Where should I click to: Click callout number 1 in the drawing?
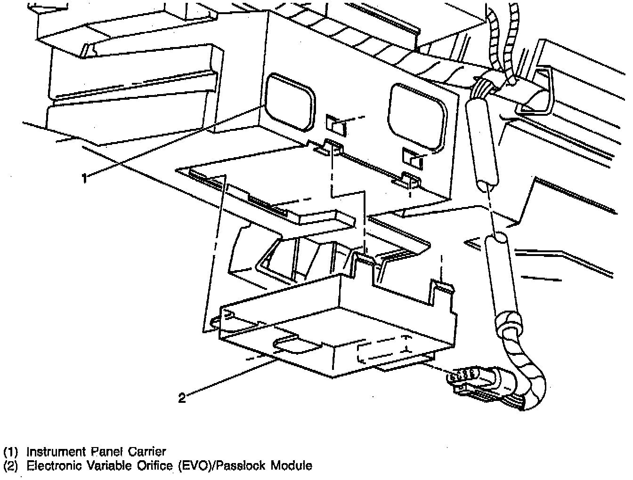(x=84, y=178)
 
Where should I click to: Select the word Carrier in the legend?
(x=146, y=452)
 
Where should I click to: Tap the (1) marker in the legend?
(x=10, y=452)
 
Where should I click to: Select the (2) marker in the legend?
(x=10, y=466)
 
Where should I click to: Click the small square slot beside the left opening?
(x=336, y=125)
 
